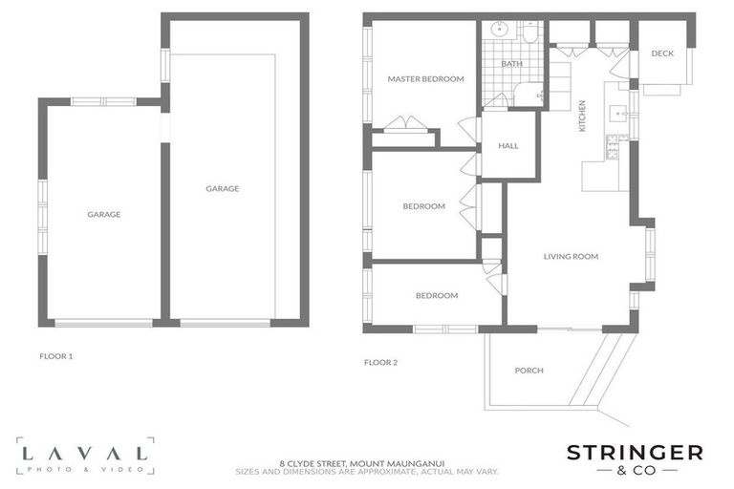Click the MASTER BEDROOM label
click(425, 79)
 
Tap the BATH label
click(512, 64)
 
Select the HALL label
click(508, 146)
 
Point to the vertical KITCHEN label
click(582, 116)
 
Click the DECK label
click(662, 53)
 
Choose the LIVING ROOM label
click(571, 256)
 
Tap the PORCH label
click(529, 371)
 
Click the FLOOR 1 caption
click(55, 356)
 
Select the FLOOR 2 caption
click(380, 362)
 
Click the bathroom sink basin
click(498, 31)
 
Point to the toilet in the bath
click(529, 33)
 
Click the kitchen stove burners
click(612, 148)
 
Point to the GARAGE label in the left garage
click(103, 215)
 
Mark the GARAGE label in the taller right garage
click(222, 189)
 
